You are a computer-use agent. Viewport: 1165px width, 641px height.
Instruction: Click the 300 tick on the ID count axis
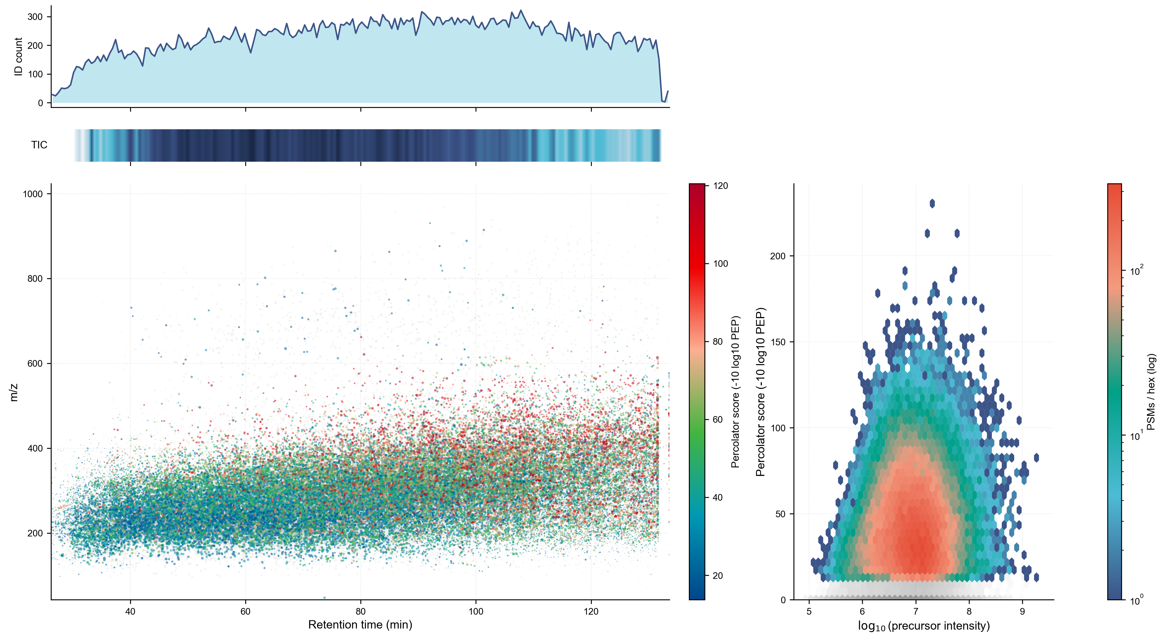(35, 17)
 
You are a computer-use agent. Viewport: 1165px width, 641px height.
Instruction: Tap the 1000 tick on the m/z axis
(32, 194)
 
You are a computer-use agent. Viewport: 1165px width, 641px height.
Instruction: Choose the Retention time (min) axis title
(360, 625)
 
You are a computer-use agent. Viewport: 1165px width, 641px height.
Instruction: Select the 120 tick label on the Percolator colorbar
(721, 186)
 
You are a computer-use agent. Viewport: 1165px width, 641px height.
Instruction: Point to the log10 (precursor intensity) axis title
(924, 626)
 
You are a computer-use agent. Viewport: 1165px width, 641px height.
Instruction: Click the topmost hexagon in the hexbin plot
(932, 203)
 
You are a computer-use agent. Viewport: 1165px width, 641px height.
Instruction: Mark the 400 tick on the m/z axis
(35, 449)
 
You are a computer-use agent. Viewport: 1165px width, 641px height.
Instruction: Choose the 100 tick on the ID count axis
(35, 74)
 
